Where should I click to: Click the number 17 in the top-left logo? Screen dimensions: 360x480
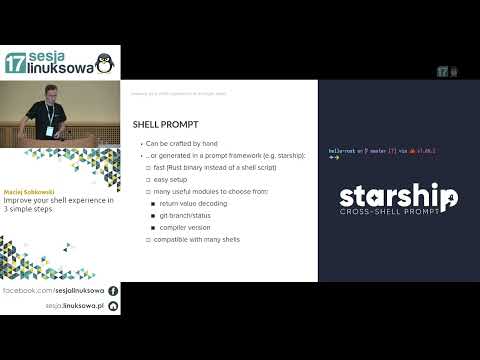click(x=15, y=63)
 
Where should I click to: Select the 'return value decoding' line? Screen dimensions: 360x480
click(x=200, y=203)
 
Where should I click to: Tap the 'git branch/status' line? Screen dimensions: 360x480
click(x=192, y=215)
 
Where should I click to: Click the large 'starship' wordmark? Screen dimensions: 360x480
click(x=397, y=196)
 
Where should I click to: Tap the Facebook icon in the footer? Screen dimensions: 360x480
click(x=113, y=289)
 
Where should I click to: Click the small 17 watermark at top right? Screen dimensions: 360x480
click(x=441, y=72)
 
